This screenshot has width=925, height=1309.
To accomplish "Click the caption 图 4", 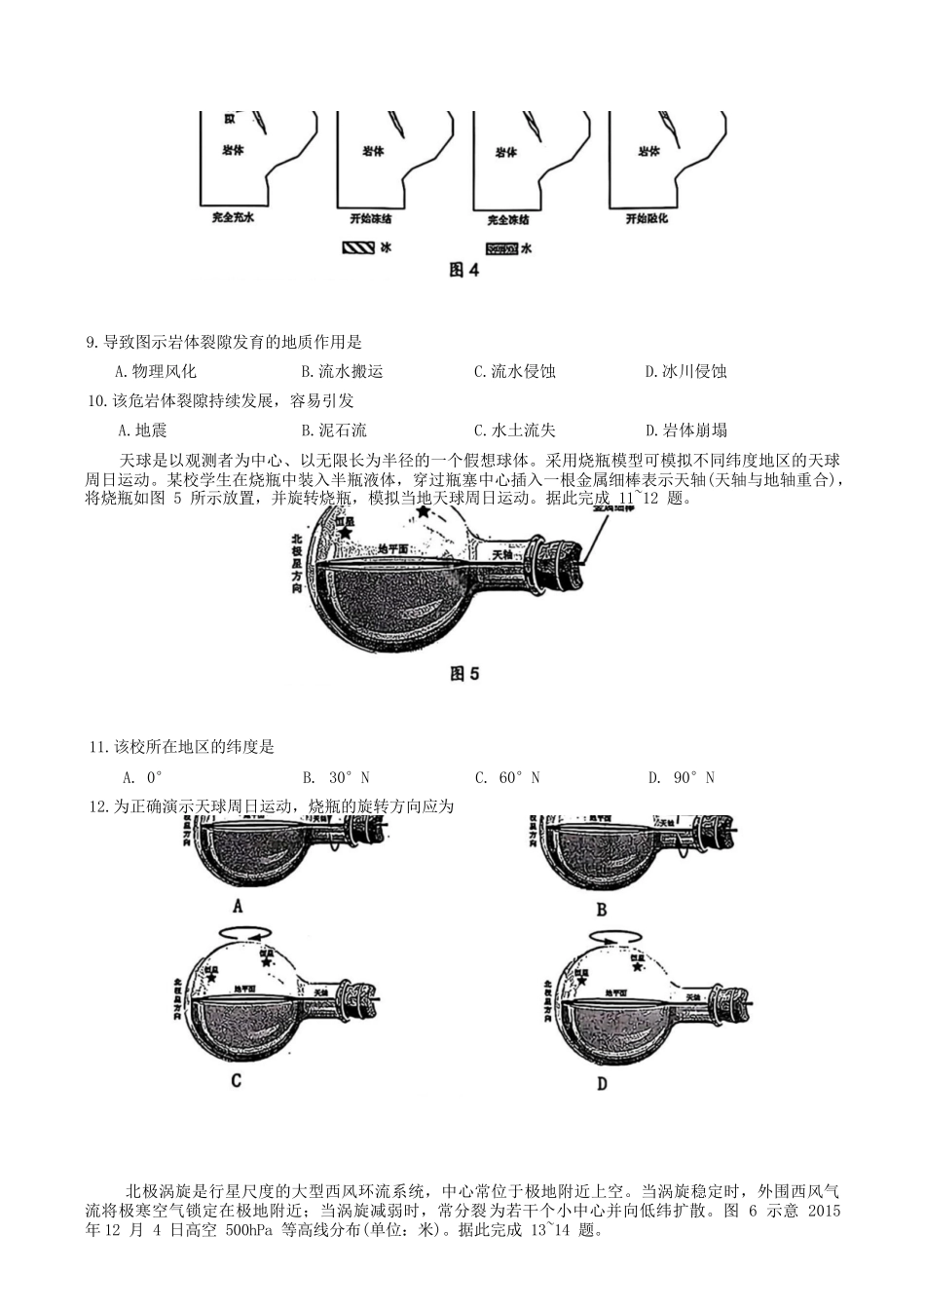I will click(x=463, y=270).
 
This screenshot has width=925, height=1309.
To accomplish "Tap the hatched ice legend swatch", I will click(x=358, y=248).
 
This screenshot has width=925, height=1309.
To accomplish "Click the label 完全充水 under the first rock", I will click(x=233, y=219).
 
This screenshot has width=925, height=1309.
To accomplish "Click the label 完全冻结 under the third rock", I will click(x=508, y=220).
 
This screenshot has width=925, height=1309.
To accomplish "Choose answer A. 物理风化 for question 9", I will click(x=156, y=371).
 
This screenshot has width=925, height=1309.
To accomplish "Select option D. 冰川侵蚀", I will click(x=686, y=371).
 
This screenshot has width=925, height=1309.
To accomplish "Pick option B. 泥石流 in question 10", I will click(x=334, y=430).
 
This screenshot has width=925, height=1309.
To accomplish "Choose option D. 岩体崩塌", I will click(x=686, y=430).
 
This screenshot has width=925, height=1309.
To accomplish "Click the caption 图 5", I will click(x=464, y=673).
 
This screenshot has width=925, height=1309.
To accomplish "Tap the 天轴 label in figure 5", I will click(x=501, y=553).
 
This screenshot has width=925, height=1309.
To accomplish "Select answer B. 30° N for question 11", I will click(x=336, y=777).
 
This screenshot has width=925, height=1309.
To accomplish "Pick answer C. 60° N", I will click(x=507, y=777).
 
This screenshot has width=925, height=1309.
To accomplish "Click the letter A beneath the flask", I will click(x=238, y=905).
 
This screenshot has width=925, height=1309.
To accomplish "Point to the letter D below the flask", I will click(x=602, y=1083).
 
